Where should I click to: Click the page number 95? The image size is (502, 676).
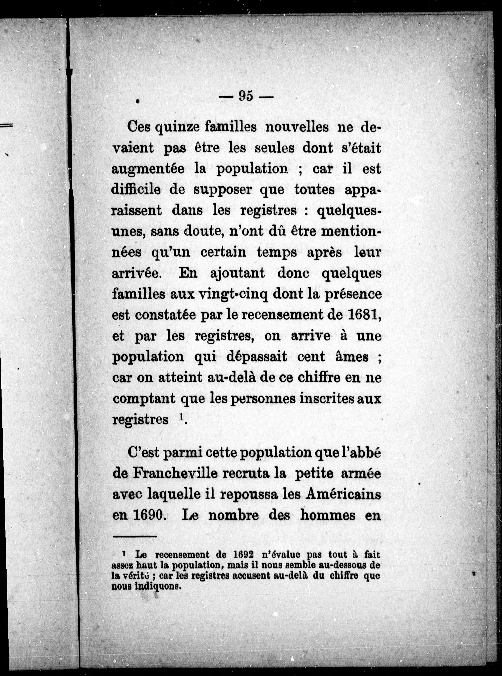pos(246,96)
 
